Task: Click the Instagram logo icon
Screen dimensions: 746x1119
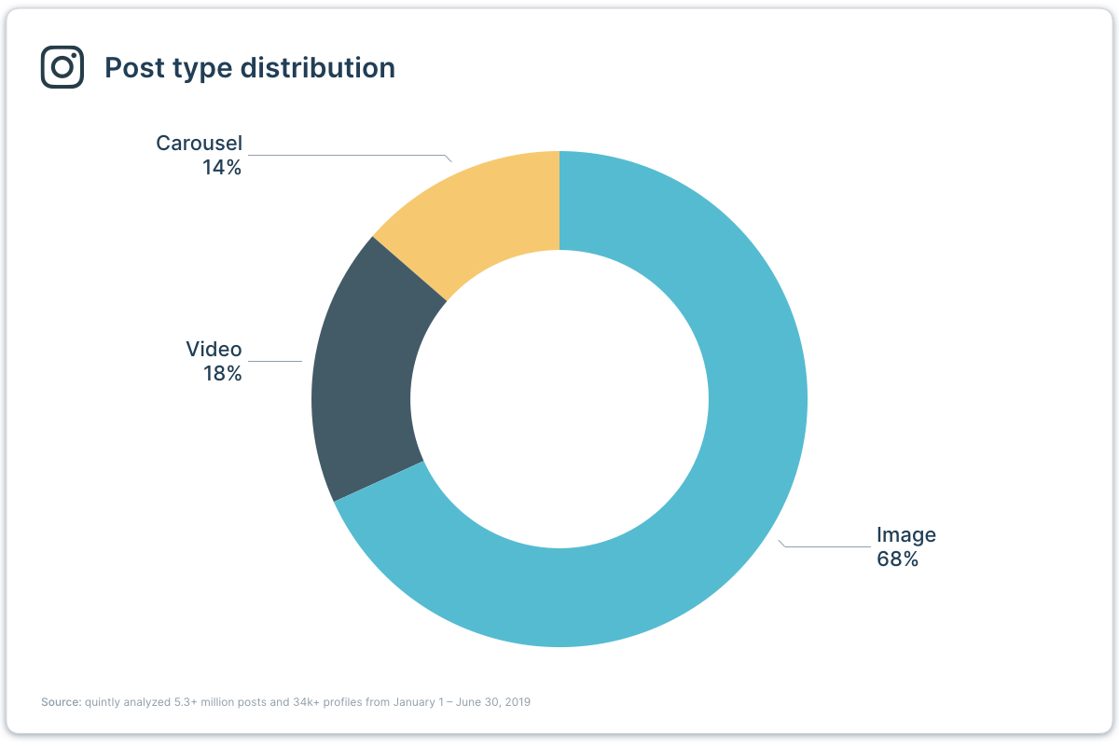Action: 62,67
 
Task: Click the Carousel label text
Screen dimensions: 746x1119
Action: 199,144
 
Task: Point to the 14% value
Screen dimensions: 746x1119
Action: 222,168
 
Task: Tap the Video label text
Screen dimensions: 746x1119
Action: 214,350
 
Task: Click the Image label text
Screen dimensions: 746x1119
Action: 905,535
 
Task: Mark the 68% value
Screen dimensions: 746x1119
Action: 897,559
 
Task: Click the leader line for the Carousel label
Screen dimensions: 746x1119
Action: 345,155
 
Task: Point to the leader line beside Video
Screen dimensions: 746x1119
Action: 275,361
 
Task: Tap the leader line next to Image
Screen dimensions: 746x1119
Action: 825,546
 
